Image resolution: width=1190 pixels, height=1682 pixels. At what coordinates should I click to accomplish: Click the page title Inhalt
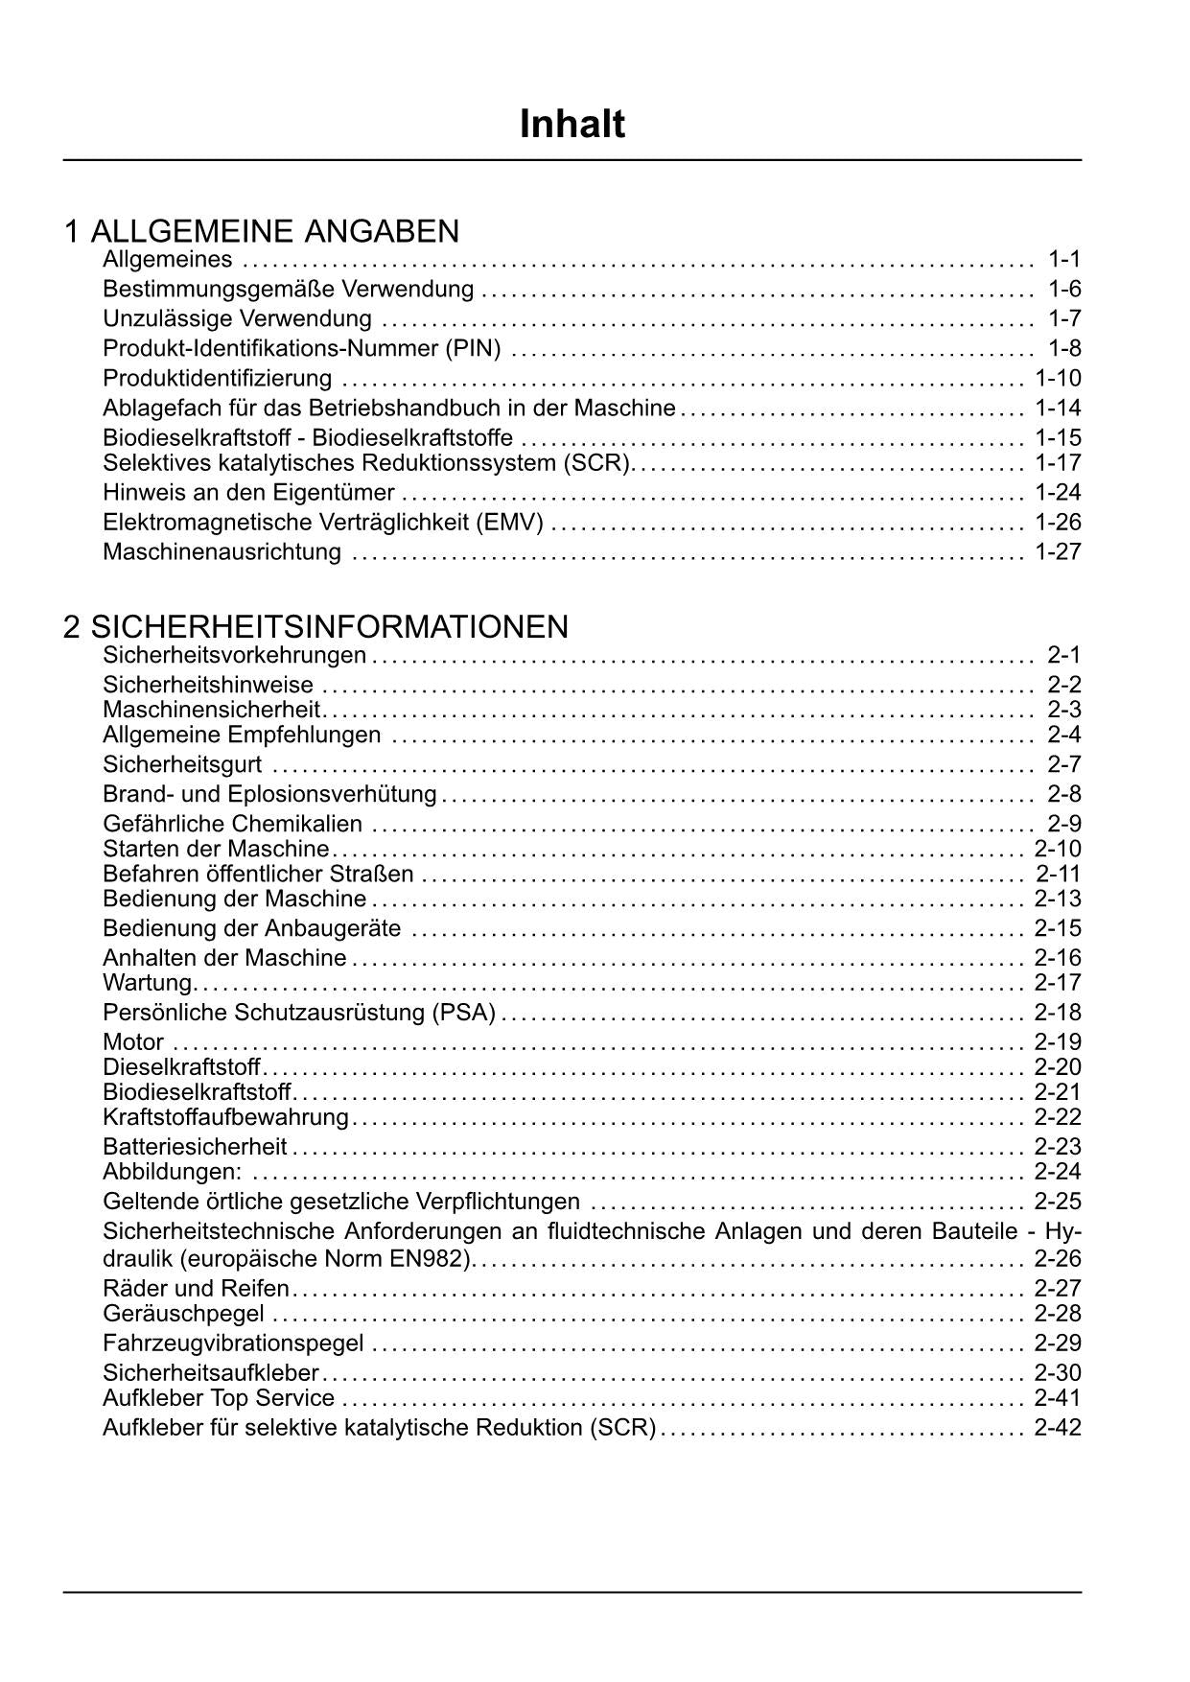(x=572, y=125)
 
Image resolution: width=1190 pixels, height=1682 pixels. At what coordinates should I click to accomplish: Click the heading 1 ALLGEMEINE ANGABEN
(x=261, y=231)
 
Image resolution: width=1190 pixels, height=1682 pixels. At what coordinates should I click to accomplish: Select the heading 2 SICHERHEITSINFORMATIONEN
(x=315, y=627)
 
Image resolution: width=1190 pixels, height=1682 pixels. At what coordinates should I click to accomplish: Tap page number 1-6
(x=1064, y=289)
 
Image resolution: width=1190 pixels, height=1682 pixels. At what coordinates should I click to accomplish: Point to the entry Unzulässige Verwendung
(x=237, y=318)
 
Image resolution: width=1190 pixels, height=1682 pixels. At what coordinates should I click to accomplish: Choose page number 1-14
(x=1058, y=408)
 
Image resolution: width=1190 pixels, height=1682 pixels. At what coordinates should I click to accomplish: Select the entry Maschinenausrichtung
(x=222, y=552)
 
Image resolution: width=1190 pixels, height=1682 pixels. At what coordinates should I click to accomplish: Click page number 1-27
(x=1058, y=552)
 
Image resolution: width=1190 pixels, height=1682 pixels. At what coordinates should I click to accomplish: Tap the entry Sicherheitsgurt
(x=182, y=764)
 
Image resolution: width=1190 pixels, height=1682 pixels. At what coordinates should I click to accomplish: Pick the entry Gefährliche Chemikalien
(x=232, y=824)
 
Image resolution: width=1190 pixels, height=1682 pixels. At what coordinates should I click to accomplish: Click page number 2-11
(x=1058, y=874)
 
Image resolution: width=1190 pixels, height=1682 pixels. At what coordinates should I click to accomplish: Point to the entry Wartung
(x=148, y=983)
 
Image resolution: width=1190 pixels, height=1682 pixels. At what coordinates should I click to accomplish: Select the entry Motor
(x=133, y=1042)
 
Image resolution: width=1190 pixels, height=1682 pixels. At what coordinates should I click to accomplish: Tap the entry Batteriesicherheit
(x=195, y=1147)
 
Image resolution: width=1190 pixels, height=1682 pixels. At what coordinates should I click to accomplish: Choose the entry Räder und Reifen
(x=196, y=1288)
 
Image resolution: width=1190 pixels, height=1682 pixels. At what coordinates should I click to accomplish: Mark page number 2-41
(x=1058, y=1398)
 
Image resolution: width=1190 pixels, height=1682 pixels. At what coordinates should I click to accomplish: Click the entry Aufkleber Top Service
(x=219, y=1398)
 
